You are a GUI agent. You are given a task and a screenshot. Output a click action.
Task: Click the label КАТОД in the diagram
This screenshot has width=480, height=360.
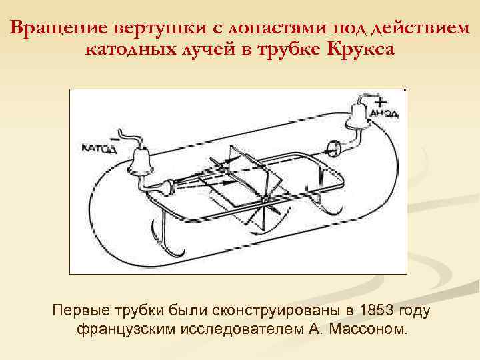pos(99,149)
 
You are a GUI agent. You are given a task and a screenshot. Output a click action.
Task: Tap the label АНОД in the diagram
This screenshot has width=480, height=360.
pos(387,113)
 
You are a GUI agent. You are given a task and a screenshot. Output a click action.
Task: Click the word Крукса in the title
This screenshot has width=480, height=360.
pos(361,49)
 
